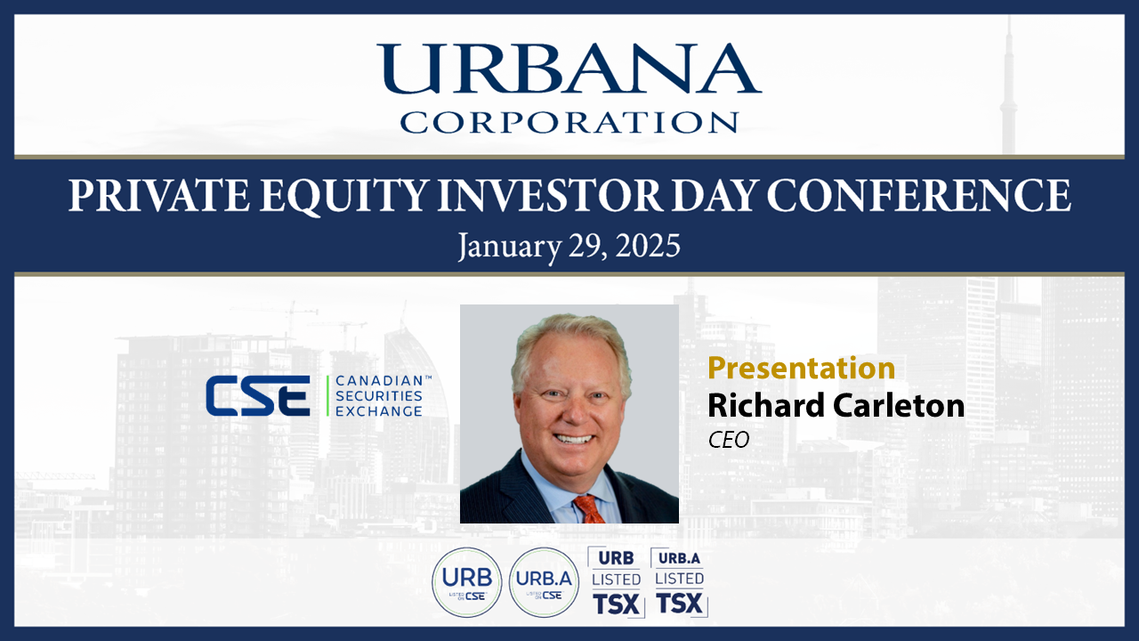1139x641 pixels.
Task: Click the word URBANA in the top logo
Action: [x=569, y=69]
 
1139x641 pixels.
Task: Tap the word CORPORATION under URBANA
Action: [x=569, y=122]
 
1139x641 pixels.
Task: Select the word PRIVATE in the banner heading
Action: [x=159, y=195]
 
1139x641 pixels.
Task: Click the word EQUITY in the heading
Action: [x=343, y=197]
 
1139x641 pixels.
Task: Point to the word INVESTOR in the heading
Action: [x=550, y=195]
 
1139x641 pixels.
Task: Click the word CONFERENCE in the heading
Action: [x=919, y=195]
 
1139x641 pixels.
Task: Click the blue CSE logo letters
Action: [x=258, y=396]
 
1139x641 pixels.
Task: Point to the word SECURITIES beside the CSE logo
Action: [x=379, y=396]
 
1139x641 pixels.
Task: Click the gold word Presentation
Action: [x=802, y=369]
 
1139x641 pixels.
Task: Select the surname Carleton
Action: [x=899, y=405]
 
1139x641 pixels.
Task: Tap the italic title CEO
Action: [x=729, y=440]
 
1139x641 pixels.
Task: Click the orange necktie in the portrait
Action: [x=590, y=508]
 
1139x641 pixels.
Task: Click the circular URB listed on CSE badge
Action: [x=467, y=582]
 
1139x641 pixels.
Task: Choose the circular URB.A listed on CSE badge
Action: [x=544, y=582]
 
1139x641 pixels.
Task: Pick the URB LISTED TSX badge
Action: [x=617, y=582]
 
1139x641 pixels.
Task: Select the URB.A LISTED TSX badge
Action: [x=679, y=582]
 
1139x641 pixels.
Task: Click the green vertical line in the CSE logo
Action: [x=328, y=396]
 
